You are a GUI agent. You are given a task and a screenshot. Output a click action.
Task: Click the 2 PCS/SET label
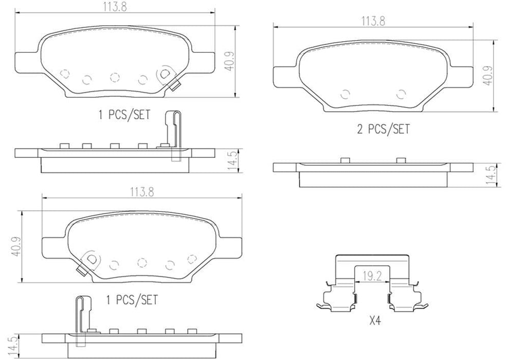pyautogui.click(x=384, y=129)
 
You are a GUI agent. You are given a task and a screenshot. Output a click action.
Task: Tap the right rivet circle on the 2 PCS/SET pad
pyautogui.click(x=402, y=94)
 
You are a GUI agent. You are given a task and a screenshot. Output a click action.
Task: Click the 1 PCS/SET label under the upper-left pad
pyautogui.click(x=124, y=115)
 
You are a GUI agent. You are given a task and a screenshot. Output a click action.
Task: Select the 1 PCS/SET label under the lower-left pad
pyautogui.click(x=131, y=299)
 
